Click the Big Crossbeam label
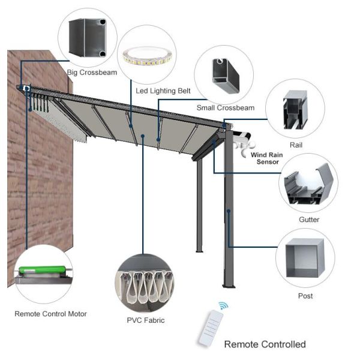coord(92,73)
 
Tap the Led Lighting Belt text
coord(163,91)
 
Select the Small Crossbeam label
coord(226,107)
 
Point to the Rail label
coord(296,145)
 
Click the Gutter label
coord(309,220)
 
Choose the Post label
coord(305,296)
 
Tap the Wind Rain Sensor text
coord(267,158)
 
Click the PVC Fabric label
coord(146,320)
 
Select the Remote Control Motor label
coord(50,314)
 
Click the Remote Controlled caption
coord(265,344)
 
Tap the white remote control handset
coord(211,328)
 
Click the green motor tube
coord(43,269)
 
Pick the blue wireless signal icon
coord(223,306)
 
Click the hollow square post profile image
coord(305,258)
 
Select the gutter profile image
coord(308,184)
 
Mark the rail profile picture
coord(295,110)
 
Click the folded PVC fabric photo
coord(145,283)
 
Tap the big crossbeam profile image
coord(88,38)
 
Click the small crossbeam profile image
coord(226,76)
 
